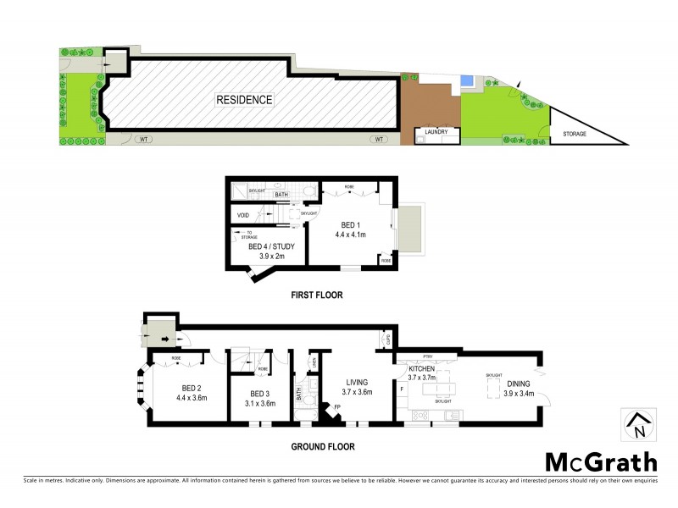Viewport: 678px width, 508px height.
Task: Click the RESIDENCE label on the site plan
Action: pos(244,100)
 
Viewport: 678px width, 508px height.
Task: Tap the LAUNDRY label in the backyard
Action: pos(436,132)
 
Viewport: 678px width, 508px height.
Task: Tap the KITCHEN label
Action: pos(422,370)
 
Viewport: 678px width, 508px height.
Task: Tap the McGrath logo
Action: pos(600,462)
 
